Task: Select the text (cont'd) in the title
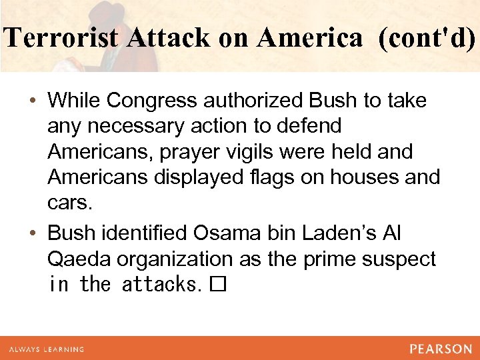tap(427, 39)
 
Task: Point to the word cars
tap(69, 203)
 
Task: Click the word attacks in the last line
tap(160, 285)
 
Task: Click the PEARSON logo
tap(440, 349)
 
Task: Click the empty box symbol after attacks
tap(218, 285)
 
